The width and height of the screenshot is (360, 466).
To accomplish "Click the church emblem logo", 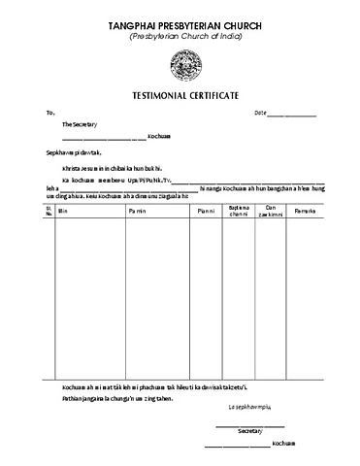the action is click(x=181, y=67).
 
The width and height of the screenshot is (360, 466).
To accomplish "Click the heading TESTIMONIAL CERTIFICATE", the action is click(x=181, y=96).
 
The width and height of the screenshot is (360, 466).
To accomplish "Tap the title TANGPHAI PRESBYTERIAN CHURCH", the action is click(x=181, y=23).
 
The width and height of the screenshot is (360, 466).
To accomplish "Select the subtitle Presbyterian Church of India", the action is click(x=181, y=36).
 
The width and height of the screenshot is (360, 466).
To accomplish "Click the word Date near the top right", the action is click(x=260, y=114).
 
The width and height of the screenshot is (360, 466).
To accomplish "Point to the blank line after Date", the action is click(x=292, y=116).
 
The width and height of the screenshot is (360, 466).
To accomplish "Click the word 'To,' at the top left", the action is click(x=51, y=114).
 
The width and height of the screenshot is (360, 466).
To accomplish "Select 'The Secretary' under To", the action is click(x=80, y=125).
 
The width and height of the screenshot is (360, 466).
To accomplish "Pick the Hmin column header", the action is click(x=64, y=210).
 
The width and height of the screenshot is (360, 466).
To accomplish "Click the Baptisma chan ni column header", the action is click(x=239, y=210).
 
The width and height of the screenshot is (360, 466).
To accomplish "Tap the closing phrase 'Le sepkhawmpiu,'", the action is click(x=248, y=406).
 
